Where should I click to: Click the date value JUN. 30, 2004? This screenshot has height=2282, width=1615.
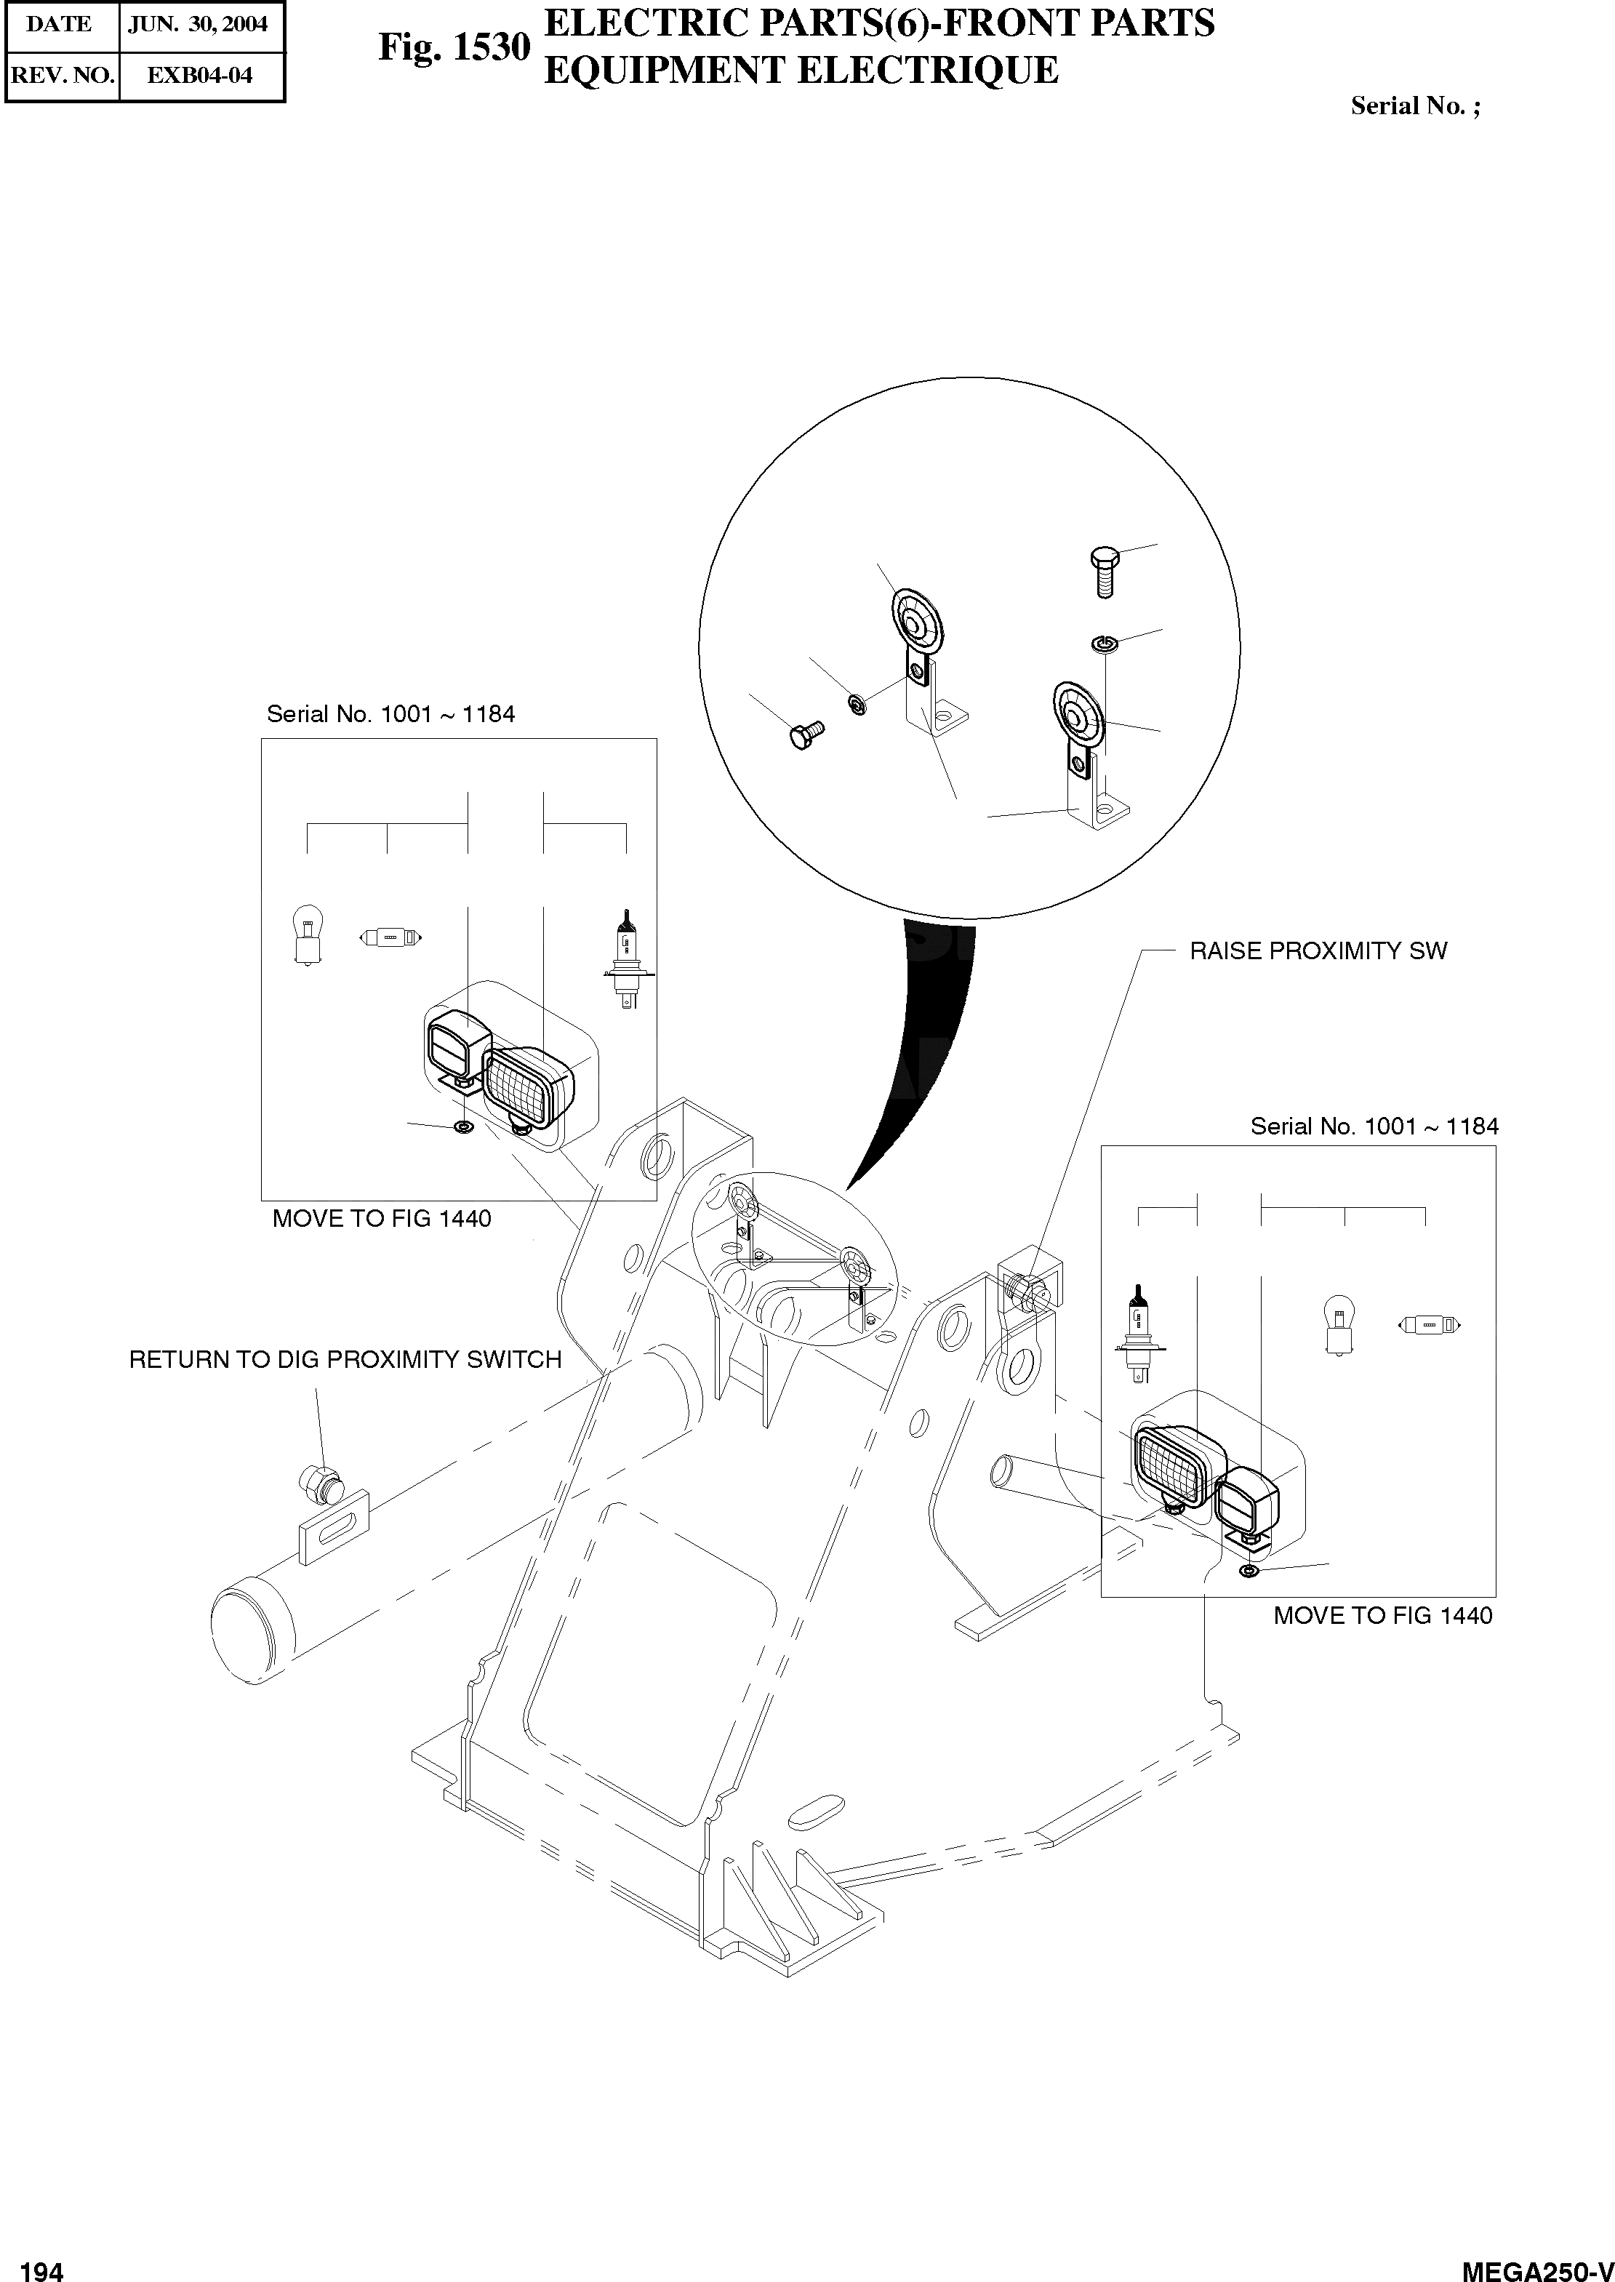(x=198, y=25)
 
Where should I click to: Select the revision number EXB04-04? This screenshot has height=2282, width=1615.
(x=200, y=76)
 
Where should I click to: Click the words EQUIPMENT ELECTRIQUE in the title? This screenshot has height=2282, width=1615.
(x=801, y=71)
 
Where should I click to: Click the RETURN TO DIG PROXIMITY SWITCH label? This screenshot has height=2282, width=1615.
(x=345, y=1359)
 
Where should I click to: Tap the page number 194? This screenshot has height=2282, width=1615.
(x=41, y=2264)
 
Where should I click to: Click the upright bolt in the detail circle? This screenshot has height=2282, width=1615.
(x=1104, y=569)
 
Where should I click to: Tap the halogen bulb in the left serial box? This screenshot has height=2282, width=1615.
(x=625, y=959)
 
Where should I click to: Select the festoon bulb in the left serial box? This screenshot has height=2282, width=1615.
(x=390, y=937)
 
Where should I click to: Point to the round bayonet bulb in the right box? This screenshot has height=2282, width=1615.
(x=1339, y=1324)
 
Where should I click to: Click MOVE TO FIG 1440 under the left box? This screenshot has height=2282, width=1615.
(x=382, y=1218)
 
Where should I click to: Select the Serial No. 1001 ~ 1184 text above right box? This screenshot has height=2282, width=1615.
(x=1374, y=1126)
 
